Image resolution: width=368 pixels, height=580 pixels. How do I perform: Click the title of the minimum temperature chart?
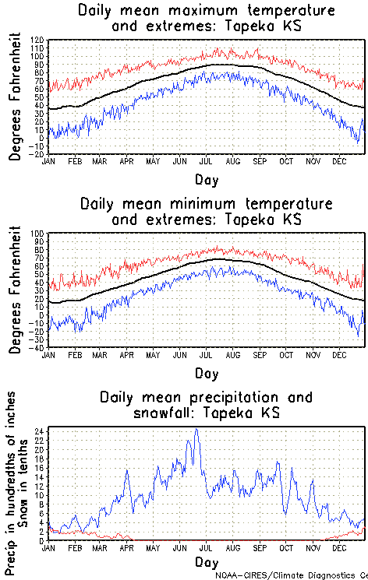(206, 211)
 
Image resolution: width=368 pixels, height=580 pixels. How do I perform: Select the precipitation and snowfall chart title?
(206, 404)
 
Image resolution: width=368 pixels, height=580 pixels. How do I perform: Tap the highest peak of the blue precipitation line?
(196, 430)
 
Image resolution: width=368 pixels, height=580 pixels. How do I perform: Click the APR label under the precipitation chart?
(126, 548)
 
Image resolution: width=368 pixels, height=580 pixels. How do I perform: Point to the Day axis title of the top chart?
(207, 179)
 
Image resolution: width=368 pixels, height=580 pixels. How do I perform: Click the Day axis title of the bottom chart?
(207, 562)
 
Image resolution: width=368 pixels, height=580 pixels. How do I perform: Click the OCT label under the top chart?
(287, 162)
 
